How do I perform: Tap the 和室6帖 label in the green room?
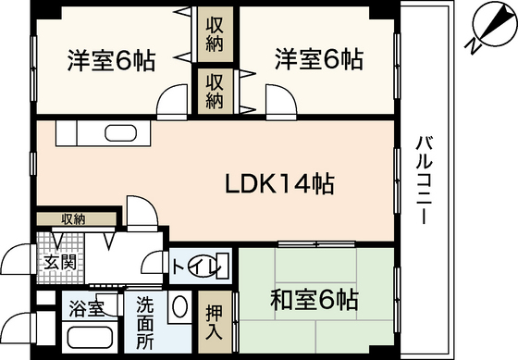[314, 300]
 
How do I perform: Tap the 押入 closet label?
[212, 318]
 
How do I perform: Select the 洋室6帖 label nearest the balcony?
[317, 60]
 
